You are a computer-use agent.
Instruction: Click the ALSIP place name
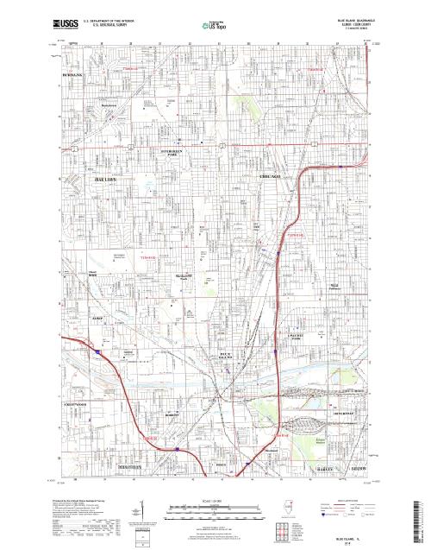coord(73,319)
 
